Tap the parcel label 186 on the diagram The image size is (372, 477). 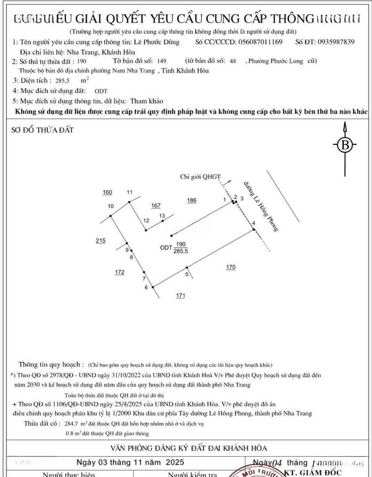point(191,201)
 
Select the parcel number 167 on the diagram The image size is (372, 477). point(156,205)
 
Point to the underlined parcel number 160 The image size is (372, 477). point(107,192)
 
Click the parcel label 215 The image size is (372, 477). point(100,241)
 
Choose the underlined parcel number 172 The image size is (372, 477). point(119,273)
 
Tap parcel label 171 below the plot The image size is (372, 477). point(180,295)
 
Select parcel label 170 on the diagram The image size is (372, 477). point(231,267)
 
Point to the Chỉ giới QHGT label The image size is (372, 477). point(200,177)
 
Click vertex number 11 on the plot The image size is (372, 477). point(129,192)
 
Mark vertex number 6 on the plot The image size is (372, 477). point(146,288)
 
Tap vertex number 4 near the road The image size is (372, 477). point(254,223)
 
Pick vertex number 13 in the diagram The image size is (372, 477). point(162,216)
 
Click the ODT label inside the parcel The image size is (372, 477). point(166,248)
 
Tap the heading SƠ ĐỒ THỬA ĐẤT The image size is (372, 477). point(42,130)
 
